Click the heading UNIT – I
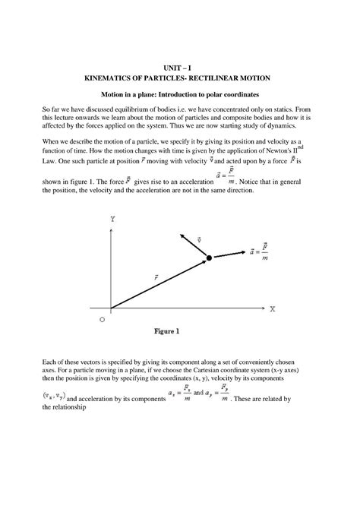click(179, 68)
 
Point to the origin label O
click(102, 321)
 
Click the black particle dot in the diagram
click(209, 260)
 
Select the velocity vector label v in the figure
click(198, 239)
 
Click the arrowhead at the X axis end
click(261, 309)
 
